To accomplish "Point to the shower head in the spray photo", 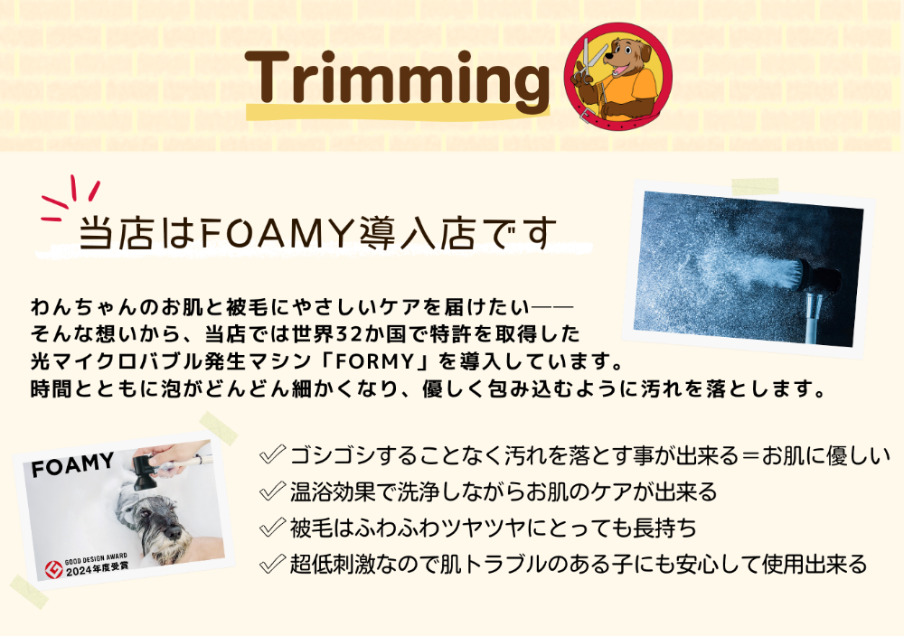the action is tap(813, 276).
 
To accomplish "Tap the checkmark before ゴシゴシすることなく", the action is tap(272, 454).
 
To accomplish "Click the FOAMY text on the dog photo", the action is tap(72, 465).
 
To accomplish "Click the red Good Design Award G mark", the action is tap(53, 570).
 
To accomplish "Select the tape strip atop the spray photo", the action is tap(755, 187).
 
